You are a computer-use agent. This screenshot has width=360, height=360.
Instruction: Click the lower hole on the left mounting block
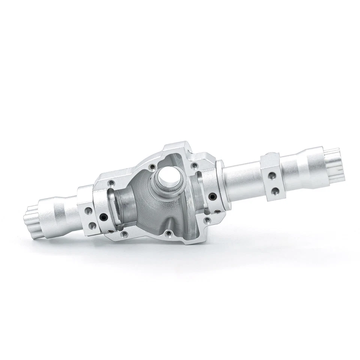(91, 226)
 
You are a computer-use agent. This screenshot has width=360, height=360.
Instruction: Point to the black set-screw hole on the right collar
(212, 195)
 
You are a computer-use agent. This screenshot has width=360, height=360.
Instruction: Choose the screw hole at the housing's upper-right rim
(194, 165)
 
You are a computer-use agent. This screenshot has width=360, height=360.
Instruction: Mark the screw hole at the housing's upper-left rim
(111, 183)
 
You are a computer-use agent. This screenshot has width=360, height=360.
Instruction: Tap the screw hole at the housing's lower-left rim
(124, 235)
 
